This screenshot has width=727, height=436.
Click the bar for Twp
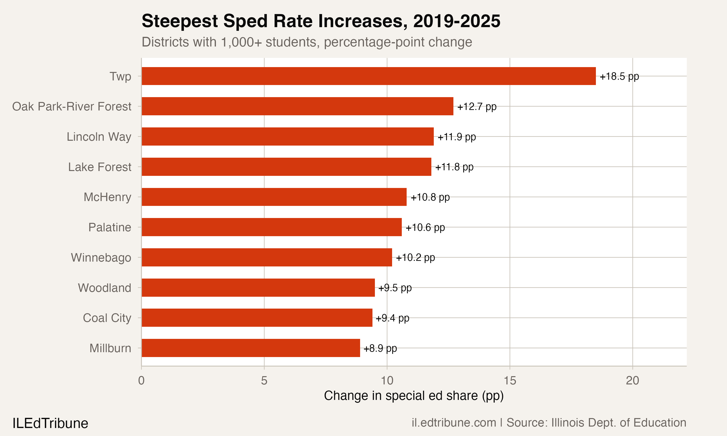[369, 76]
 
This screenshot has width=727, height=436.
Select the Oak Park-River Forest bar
[297, 106]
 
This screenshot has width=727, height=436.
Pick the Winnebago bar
[267, 257]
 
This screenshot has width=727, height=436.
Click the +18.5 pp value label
[619, 76]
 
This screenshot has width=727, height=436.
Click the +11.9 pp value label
[456, 137]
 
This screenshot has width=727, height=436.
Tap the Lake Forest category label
[100, 167]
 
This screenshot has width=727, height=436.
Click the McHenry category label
[107, 197]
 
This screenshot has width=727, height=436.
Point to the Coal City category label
[107, 318]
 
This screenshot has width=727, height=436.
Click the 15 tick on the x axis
[510, 381]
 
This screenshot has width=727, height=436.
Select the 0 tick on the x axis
[141, 381]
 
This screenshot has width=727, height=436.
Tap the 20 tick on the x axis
[632, 381]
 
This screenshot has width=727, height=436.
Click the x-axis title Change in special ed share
[413, 396]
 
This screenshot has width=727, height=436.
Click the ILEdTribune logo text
[50, 423]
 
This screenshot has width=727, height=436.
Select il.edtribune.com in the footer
[454, 422]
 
